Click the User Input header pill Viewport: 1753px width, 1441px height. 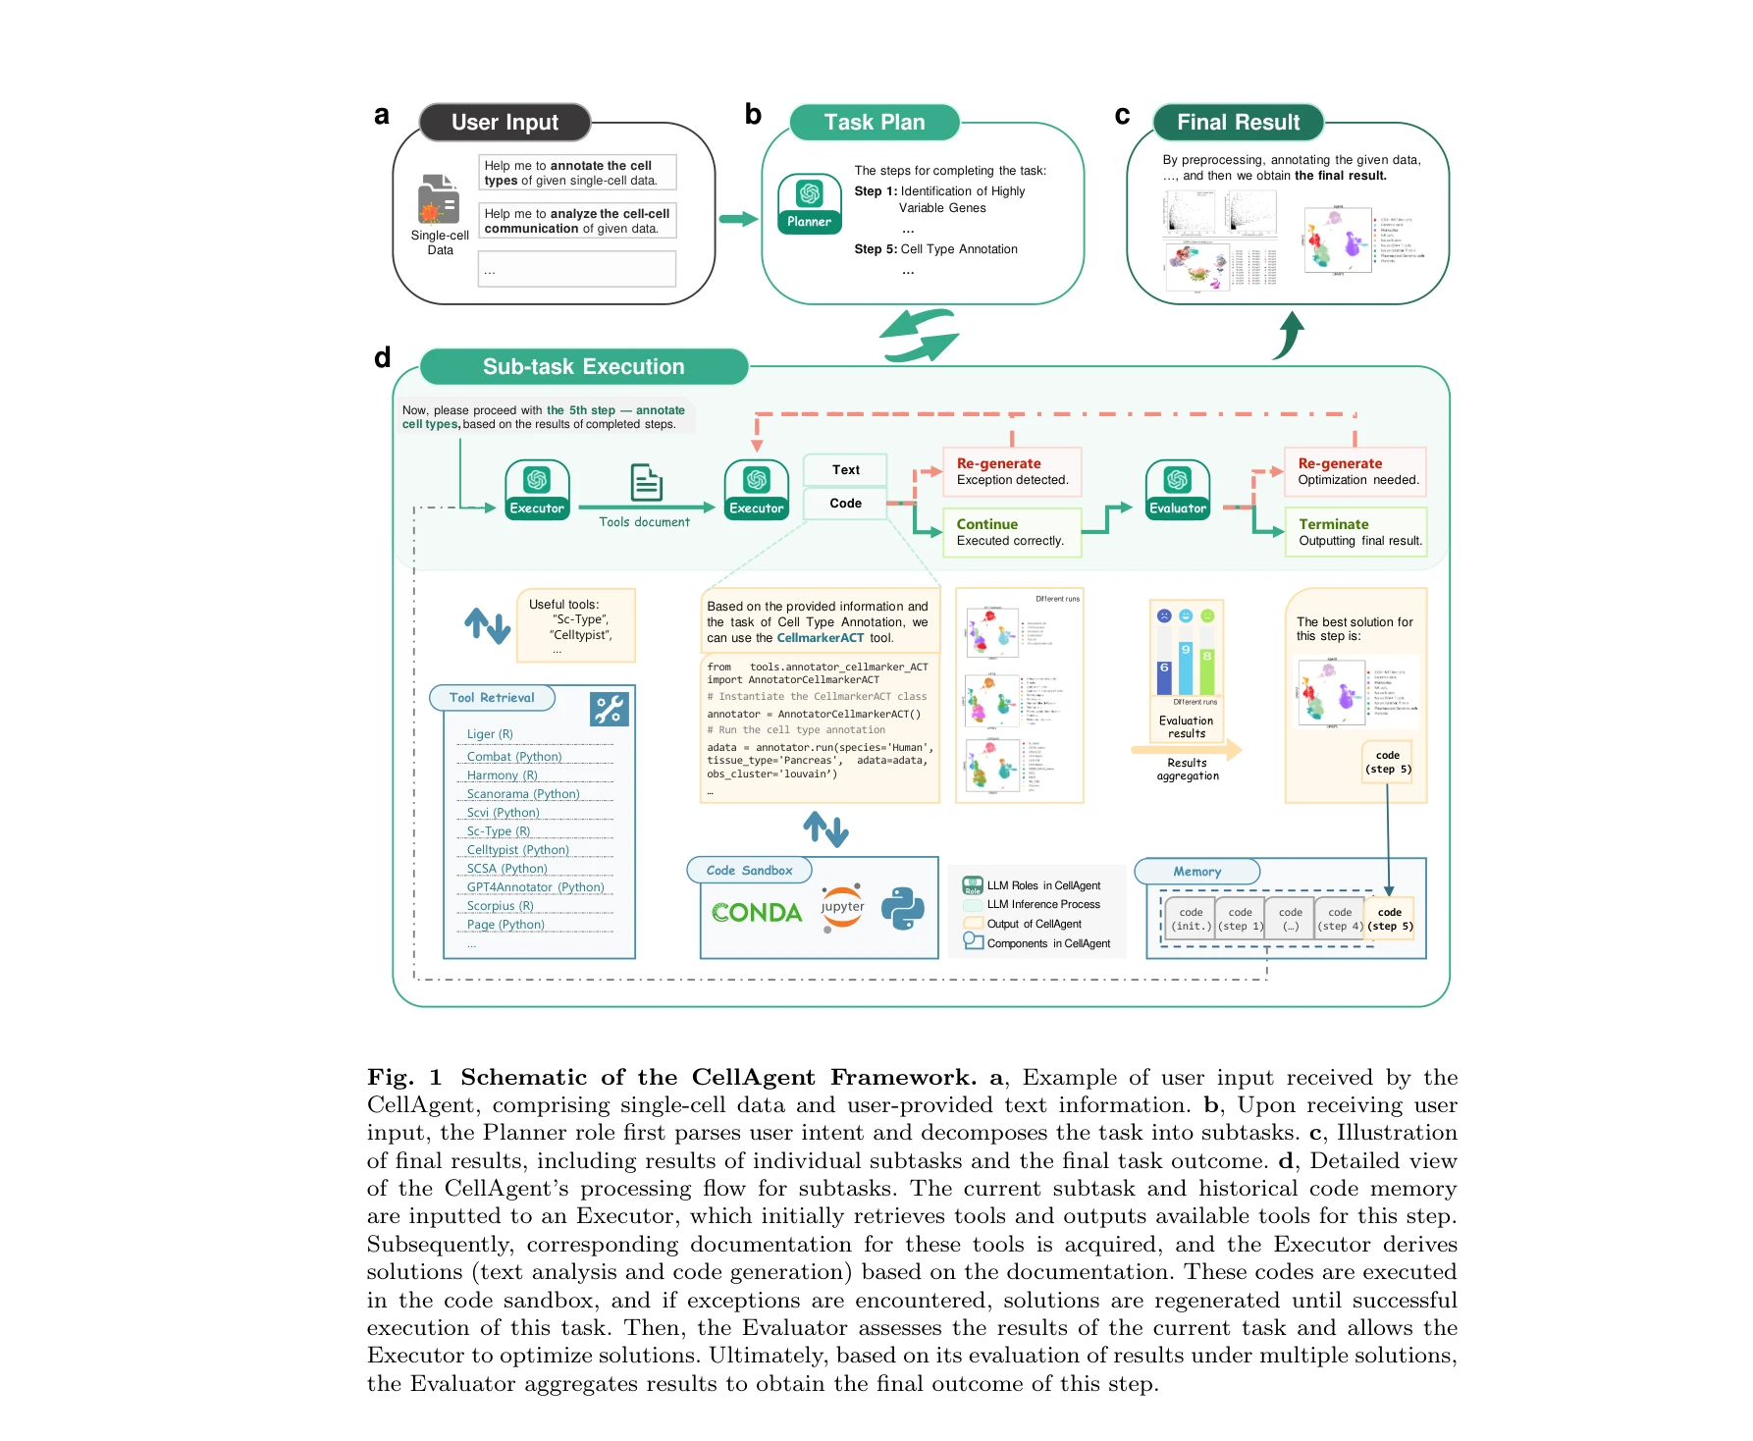pos(505,123)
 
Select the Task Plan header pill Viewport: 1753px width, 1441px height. pos(874,123)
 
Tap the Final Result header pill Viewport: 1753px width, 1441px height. pos(1238,123)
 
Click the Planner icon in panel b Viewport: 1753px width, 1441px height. pos(809,203)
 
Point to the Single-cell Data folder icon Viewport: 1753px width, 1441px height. pos(439,199)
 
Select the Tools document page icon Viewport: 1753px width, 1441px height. pos(646,483)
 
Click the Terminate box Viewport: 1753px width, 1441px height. pos(1355,532)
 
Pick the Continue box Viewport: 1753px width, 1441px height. pos(1012,532)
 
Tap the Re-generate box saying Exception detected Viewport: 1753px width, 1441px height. pos(1012,471)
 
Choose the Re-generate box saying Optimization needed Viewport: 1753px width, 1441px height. pos(1355,471)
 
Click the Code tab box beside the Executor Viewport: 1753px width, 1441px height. pos(845,504)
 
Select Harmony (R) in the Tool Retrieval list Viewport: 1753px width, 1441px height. pos(502,775)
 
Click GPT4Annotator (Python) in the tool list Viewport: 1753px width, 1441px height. pos(535,887)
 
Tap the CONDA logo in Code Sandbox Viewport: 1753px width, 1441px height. pos(756,913)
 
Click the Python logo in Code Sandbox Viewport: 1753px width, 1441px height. pos(902,908)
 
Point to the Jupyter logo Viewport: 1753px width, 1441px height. pos(842,907)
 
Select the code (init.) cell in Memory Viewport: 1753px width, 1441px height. pos(1191,920)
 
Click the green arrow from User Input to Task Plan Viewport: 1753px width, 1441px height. pos(738,219)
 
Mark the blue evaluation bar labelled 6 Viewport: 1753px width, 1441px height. pos(1164,677)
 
